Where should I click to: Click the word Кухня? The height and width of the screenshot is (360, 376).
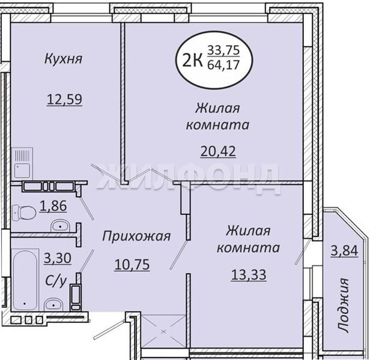pyautogui.click(x=64, y=59)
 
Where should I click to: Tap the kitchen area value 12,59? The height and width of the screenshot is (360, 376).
pyautogui.click(x=64, y=100)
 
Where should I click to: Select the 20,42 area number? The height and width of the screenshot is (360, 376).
pyautogui.click(x=218, y=151)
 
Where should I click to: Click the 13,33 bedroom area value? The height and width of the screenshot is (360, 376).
pyautogui.click(x=249, y=275)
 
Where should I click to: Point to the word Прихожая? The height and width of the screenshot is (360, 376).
pyautogui.click(x=136, y=236)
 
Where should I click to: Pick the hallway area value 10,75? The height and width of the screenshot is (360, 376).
pyautogui.click(x=132, y=265)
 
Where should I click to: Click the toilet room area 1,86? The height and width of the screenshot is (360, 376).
pyautogui.click(x=53, y=206)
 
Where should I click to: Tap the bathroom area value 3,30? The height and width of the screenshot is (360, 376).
pyautogui.click(x=58, y=258)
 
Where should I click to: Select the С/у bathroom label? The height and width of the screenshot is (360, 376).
pyautogui.click(x=55, y=281)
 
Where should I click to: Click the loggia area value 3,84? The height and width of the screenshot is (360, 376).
pyautogui.click(x=344, y=251)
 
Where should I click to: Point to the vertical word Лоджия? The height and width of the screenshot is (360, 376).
pyautogui.click(x=343, y=305)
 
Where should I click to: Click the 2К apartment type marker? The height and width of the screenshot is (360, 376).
pyautogui.click(x=192, y=59)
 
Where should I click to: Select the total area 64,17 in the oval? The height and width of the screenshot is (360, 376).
pyautogui.click(x=223, y=65)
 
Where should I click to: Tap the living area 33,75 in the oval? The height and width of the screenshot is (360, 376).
pyautogui.click(x=223, y=50)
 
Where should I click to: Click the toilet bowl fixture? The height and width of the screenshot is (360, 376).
pyautogui.click(x=23, y=212)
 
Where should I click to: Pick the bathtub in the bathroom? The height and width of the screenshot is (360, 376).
pyautogui.click(x=25, y=280)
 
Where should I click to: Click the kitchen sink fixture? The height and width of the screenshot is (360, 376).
pyautogui.click(x=22, y=163)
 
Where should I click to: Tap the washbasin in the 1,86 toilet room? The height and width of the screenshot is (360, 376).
pyautogui.click(x=60, y=226)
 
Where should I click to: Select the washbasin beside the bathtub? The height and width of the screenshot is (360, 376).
pyautogui.click(x=53, y=304)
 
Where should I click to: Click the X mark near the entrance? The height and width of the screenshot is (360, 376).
pyautogui.click(x=163, y=332)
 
